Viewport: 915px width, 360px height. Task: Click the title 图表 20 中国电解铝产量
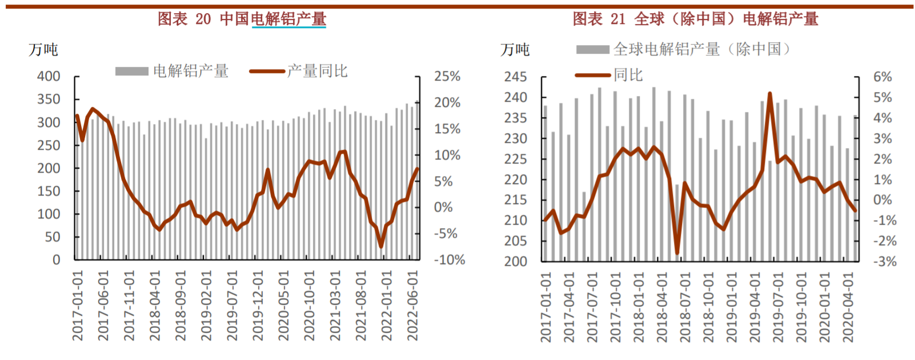pyautogui.click(x=242, y=19)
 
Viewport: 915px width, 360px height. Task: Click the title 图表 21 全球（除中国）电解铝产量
pyautogui.click(x=695, y=19)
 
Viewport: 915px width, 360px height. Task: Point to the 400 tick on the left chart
pyautogui.click(x=49, y=77)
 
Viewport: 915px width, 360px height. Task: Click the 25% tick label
pyautogui.click(x=447, y=77)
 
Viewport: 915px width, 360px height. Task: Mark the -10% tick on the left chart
pyautogui.click(x=450, y=260)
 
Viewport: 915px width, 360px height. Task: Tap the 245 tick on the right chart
pyautogui.click(x=515, y=77)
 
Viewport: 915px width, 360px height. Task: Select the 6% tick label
pyautogui.click(x=882, y=77)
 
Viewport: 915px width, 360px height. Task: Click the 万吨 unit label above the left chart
pyautogui.click(x=43, y=50)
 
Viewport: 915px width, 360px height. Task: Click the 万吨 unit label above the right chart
pyautogui.click(x=515, y=50)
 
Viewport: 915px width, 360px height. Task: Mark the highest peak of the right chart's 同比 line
pyautogui.click(x=770, y=94)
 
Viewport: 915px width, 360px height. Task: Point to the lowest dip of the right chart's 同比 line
pyautogui.click(x=677, y=253)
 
